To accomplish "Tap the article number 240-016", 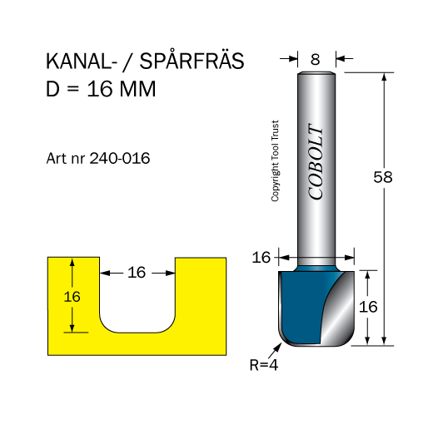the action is click(120, 158).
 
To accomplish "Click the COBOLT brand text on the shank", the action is click(316, 161).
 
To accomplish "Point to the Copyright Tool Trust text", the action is click(275, 160).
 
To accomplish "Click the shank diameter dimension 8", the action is click(315, 59).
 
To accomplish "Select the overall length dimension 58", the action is click(383, 177).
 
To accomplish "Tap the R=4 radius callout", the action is click(264, 365).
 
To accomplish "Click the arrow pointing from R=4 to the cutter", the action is click(275, 351).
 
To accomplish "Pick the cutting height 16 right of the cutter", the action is click(368, 307).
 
